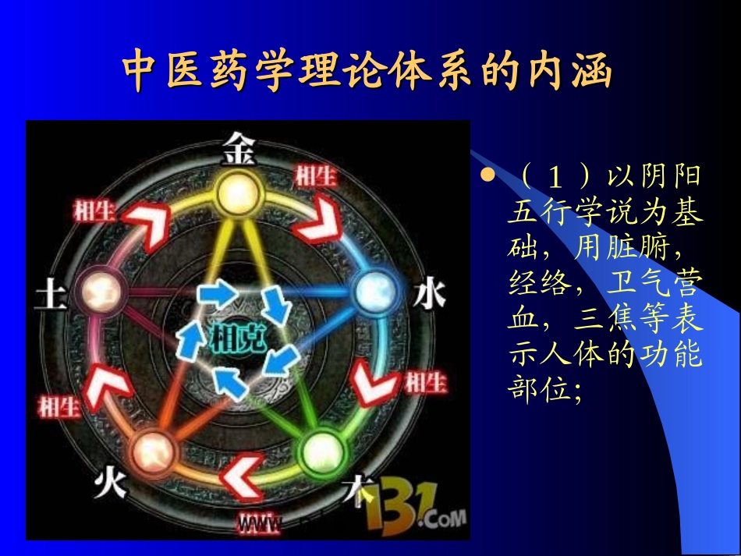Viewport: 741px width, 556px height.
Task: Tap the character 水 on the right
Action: pyautogui.click(x=427, y=296)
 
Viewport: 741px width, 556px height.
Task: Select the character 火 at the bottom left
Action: pyautogui.click(x=108, y=485)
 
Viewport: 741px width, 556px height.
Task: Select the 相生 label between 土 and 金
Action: pyautogui.click(x=94, y=209)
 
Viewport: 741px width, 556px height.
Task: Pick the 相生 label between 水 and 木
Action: pyautogui.click(x=425, y=382)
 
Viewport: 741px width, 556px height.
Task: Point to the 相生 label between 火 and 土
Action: pyautogui.click(x=58, y=405)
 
